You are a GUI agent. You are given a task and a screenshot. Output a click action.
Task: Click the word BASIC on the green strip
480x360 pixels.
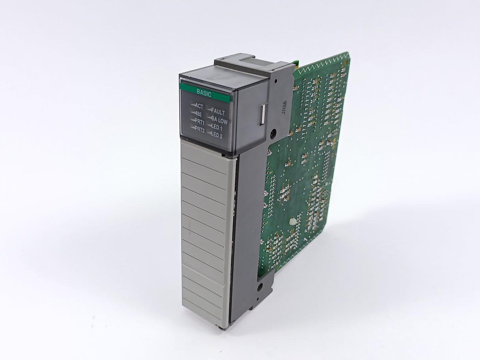click(x=204, y=94)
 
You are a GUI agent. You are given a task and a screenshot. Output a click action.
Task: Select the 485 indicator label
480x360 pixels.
click(x=198, y=114)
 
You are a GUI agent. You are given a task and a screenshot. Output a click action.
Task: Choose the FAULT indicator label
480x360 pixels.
click(x=217, y=112)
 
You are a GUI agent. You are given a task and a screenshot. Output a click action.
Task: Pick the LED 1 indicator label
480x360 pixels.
click(x=217, y=127)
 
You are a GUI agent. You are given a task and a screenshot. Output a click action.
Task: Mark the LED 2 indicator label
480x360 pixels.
click(x=217, y=135)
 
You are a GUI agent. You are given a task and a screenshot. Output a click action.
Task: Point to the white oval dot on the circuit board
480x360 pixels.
click(x=293, y=223)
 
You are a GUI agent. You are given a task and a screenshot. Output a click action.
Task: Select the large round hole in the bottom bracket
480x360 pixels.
click(x=259, y=286)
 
